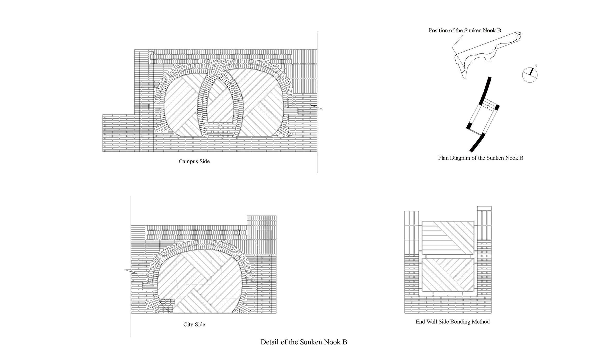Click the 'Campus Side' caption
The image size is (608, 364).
pos(194,161)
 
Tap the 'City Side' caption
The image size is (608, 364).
pos(194,324)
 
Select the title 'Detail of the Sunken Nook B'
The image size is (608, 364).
pos(304,342)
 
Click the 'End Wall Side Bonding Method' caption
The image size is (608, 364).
pos(453,322)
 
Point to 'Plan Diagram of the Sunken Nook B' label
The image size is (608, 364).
pos(481,158)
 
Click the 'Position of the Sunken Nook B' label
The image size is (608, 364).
pos(465,30)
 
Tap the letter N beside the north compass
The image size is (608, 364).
pos(536,66)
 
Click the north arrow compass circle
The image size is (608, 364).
pos(530,75)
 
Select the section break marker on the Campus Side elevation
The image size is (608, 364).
pos(317,107)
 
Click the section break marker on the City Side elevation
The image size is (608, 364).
pos(131,271)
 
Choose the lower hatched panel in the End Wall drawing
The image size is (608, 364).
pos(448,275)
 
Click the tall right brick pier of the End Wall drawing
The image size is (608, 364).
pos(484,259)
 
